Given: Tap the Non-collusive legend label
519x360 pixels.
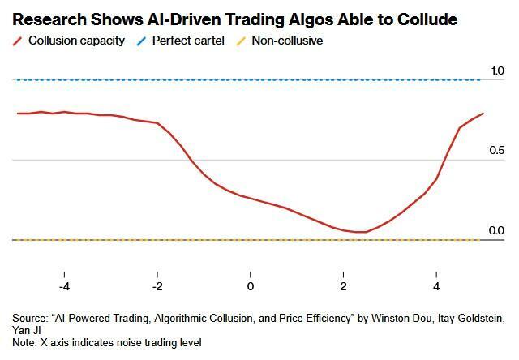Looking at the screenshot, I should click(x=287, y=40).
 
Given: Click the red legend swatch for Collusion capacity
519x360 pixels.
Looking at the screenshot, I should click(x=17, y=40).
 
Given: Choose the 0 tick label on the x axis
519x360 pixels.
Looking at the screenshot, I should click(x=251, y=287).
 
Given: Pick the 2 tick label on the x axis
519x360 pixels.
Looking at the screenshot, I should click(x=343, y=287).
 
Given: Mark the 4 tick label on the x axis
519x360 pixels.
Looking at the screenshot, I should click(x=436, y=287).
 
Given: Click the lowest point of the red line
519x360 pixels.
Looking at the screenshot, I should click(x=361, y=232).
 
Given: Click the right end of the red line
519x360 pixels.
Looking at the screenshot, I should click(x=483, y=114).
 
